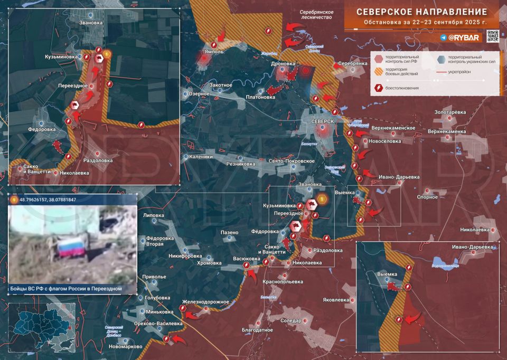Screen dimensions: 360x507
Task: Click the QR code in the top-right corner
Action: tap(492, 36)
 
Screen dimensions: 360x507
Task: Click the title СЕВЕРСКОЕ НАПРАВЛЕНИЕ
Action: tap(421, 12)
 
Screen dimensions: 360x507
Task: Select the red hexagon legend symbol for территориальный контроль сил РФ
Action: tap(379, 59)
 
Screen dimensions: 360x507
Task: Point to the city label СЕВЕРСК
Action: tap(323, 121)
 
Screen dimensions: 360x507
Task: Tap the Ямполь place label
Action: tap(215, 52)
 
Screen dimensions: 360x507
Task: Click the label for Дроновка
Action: tap(283, 64)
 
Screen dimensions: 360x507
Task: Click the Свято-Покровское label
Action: tap(292, 161)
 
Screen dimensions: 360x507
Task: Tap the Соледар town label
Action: tap(291, 320)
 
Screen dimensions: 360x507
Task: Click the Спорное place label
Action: tap(427, 197)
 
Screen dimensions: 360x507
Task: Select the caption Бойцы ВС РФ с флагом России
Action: tap(66, 289)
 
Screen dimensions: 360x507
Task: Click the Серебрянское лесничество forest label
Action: tap(316, 14)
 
